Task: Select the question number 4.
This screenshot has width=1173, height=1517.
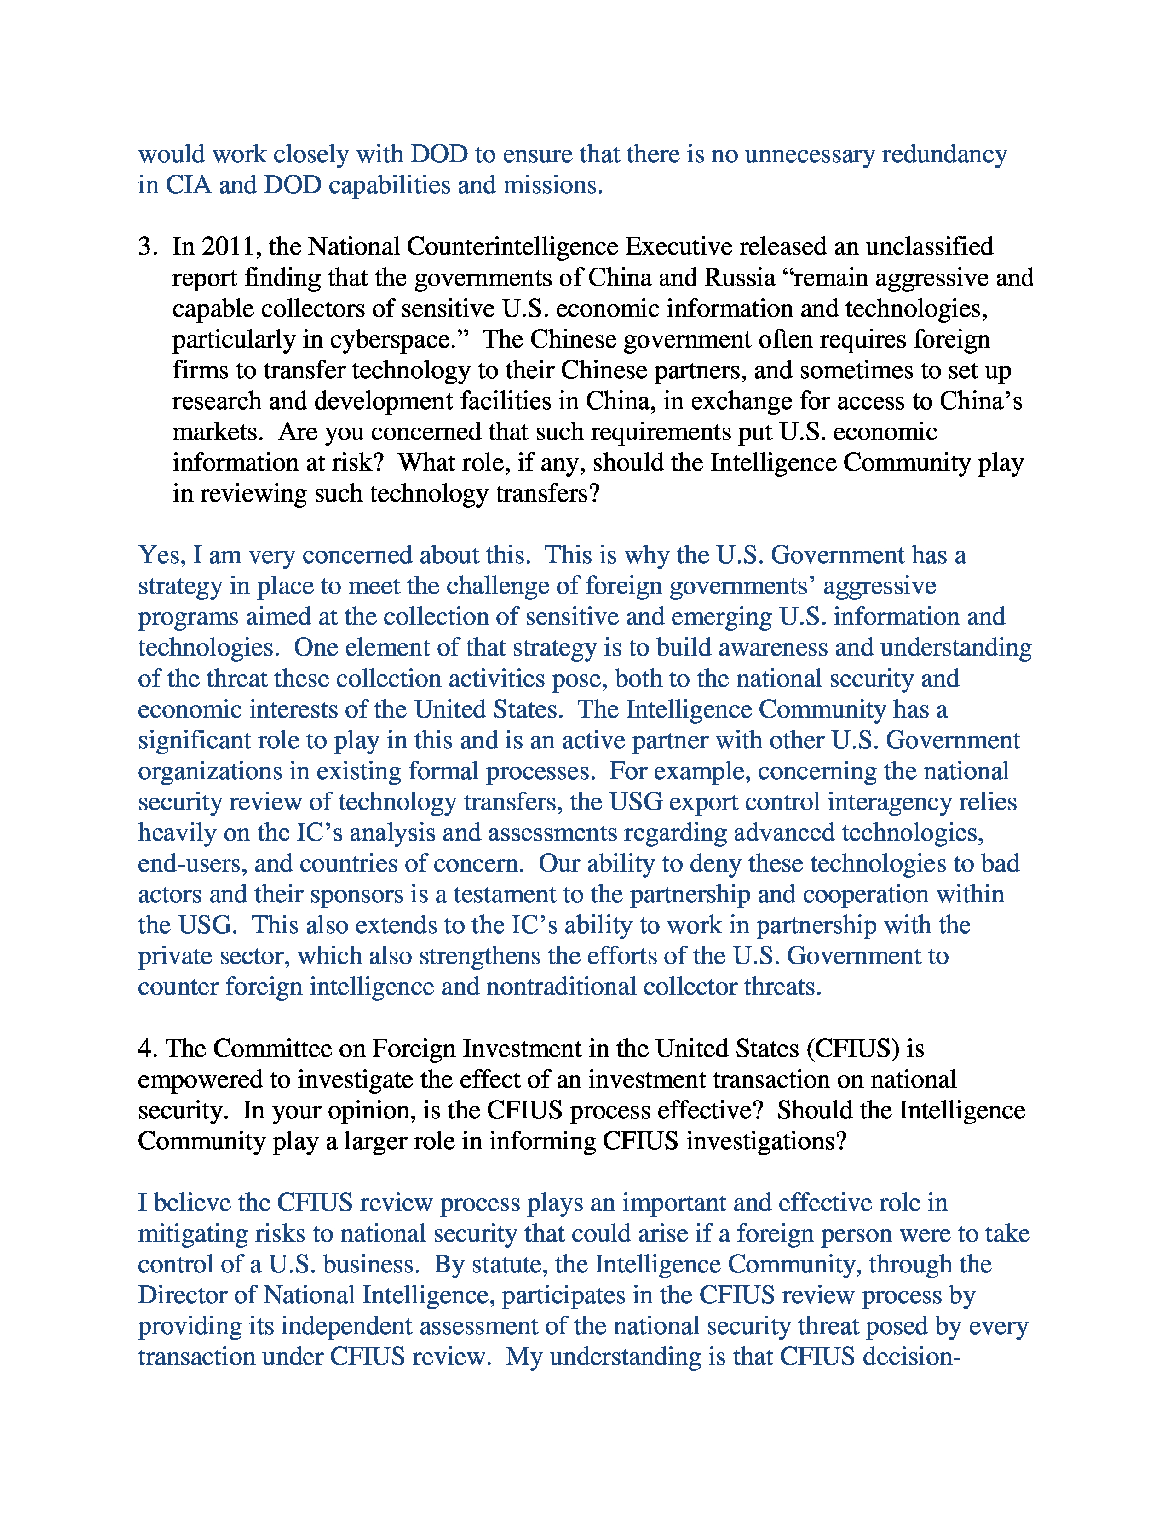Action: (147, 1049)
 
